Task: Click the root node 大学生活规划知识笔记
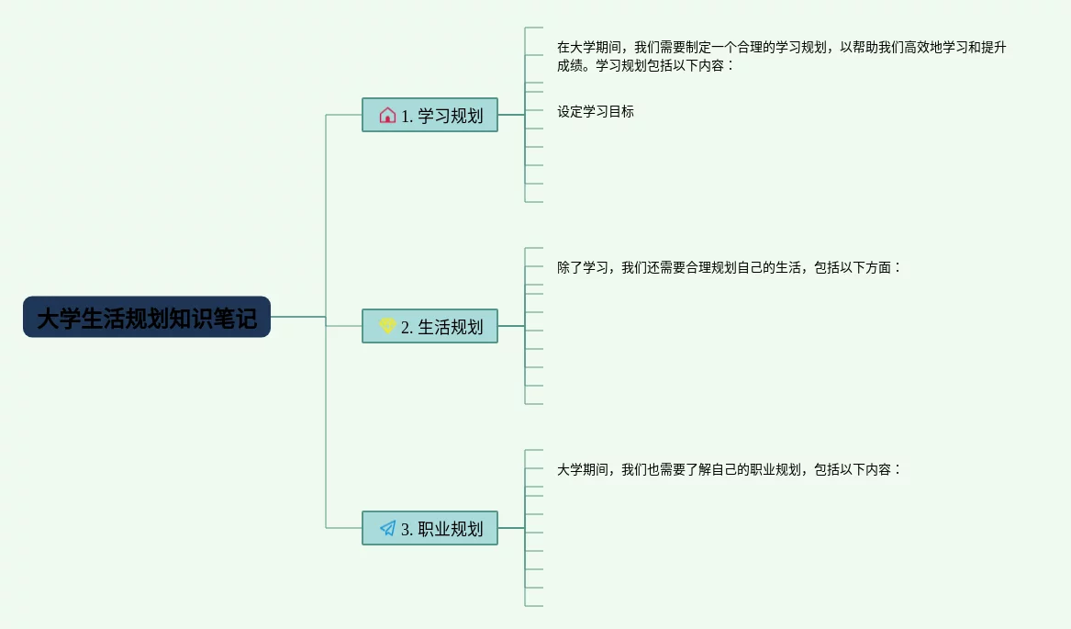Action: pyautogui.click(x=147, y=318)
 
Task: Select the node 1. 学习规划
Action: pyautogui.click(x=430, y=116)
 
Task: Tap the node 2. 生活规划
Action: pyautogui.click(x=430, y=327)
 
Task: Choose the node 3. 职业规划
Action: pyautogui.click(x=430, y=529)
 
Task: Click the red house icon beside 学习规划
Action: pyautogui.click(x=387, y=116)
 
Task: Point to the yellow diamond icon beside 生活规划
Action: pyautogui.click(x=387, y=326)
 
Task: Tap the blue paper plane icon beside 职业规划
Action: pyautogui.click(x=387, y=529)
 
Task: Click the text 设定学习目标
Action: pyautogui.click(x=596, y=112)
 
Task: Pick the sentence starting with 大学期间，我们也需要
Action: pyautogui.click(x=730, y=470)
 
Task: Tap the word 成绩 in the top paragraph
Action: pyautogui.click(x=570, y=66)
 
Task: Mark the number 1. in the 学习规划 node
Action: pyautogui.click(x=407, y=117)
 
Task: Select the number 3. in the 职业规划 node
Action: pyautogui.click(x=407, y=530)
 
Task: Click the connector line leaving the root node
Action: pyautogui.click(x=298, y=317)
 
